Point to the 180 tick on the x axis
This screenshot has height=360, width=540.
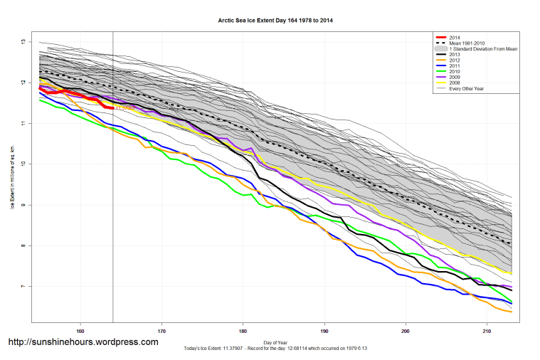pos(243,331)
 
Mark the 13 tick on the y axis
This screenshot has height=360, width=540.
pos(23,42)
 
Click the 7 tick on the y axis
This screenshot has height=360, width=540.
pos(23,286)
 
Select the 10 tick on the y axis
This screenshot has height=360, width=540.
pos(23,164)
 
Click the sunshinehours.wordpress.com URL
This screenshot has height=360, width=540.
pos(83,342)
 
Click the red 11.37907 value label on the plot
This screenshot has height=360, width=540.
pos(125,109)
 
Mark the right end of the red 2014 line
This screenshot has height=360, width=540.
pos(113,108)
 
